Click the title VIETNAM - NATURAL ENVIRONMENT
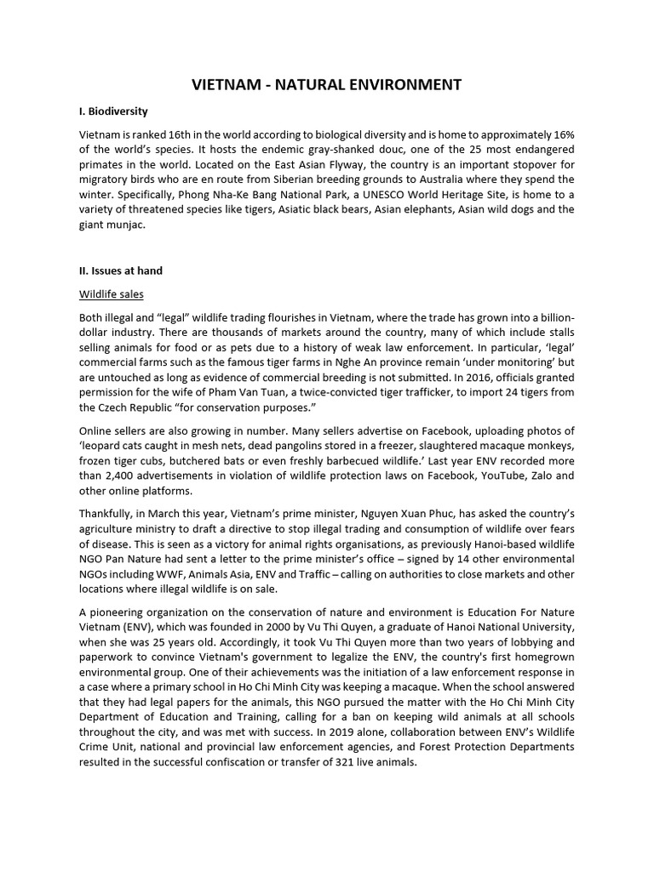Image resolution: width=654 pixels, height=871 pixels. pos(326,84)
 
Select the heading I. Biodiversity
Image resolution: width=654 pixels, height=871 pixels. pos(113,111)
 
